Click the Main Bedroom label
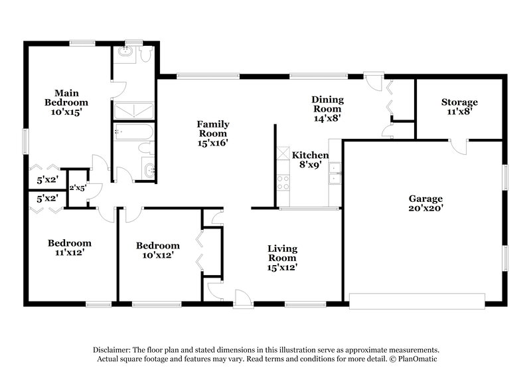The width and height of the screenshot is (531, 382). tap(66, 102)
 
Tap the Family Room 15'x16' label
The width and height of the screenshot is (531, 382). tap(213, 133)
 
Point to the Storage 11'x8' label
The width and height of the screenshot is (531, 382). tap(459, 107)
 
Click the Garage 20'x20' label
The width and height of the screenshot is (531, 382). tap(425, 203)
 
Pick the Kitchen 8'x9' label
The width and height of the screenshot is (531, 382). tap(309, 159)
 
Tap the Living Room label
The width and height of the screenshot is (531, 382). tap(282, 258)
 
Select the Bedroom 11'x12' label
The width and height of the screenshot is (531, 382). tap(69, 248)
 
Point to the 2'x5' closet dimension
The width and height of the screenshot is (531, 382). tap(78, 188)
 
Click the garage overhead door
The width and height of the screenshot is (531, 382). tap(417, 300)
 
